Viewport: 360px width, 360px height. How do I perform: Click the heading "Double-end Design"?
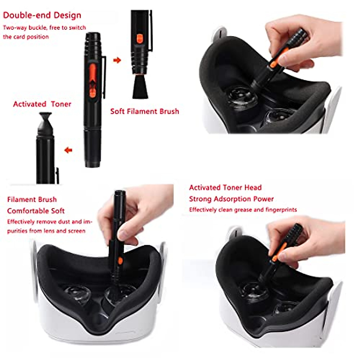point(42,15)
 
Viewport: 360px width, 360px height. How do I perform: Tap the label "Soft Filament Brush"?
point(145,111)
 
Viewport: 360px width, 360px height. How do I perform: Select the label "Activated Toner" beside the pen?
point(42,104)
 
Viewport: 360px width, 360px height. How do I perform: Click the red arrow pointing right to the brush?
point(117,60)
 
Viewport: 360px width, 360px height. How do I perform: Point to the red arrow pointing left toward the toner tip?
point(68,150)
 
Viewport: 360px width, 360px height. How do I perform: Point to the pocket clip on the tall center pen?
point(104,76)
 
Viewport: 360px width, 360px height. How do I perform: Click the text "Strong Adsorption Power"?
point(231,199)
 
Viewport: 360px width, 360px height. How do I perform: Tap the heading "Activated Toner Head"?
point(225,187)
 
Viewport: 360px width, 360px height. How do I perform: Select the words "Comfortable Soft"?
point(36,211)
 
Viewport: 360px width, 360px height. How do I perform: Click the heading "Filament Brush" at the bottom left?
point(32,199)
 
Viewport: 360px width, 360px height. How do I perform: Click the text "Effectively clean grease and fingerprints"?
point(243,210)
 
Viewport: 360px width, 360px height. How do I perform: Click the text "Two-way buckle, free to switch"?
point(44,28)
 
